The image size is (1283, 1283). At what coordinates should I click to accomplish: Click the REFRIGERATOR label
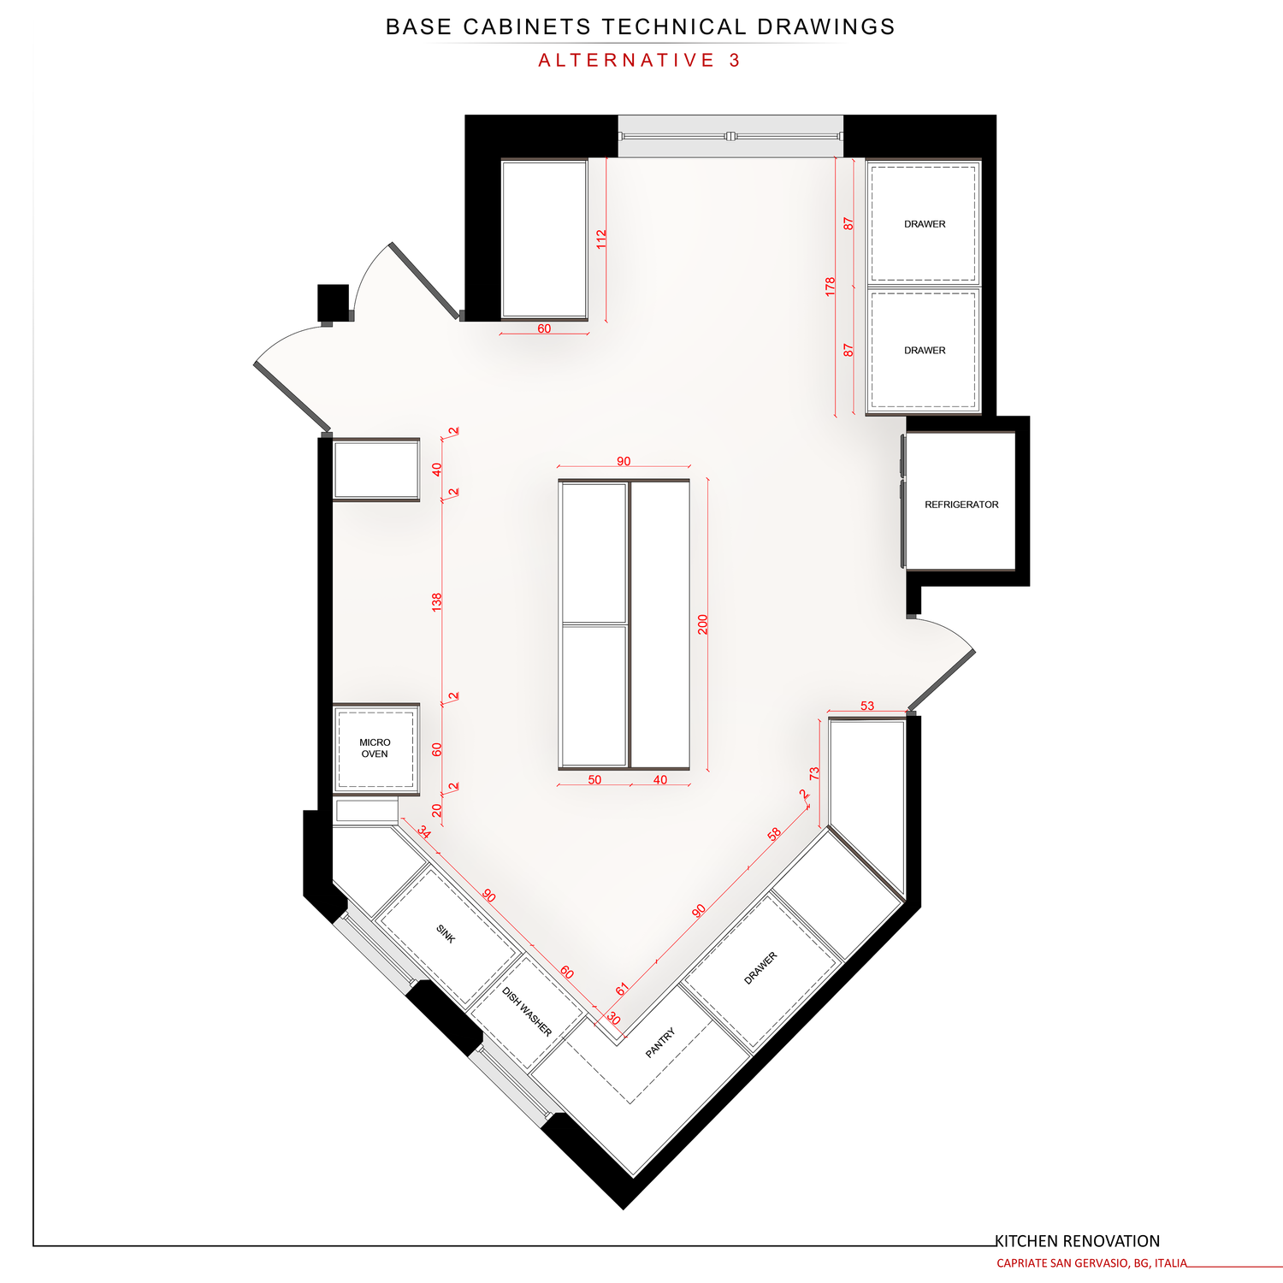pos(961,505)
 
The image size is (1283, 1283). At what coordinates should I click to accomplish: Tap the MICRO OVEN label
pos(375,748)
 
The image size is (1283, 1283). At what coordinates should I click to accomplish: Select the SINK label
pos(446,933)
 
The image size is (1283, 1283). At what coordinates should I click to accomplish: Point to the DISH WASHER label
pos(527,1012)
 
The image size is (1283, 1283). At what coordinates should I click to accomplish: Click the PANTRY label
pos(660,1043)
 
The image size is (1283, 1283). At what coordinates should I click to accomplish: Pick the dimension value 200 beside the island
pos(703,624)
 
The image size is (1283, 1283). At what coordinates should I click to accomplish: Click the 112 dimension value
pos(601,239)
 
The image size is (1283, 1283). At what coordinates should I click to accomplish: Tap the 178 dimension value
pos(830,287)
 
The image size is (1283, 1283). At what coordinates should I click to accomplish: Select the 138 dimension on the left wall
pos(437,602)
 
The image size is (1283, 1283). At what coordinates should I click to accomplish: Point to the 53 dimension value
pos(867,706)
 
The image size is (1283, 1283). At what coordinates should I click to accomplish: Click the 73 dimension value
pos(814,772)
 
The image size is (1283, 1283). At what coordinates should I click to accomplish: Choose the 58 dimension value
pos(774,834)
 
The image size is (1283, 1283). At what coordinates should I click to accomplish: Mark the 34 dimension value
pos(424,831)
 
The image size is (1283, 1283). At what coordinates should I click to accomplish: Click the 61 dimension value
pos(622,989)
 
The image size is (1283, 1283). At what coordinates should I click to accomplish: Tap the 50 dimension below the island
pos(594,779)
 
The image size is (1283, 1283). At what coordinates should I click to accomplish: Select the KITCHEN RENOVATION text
pos(1077,1241)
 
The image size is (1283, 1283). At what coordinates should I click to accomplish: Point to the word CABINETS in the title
pos(527,27)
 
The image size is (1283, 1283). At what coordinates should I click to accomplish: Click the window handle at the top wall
pos(730,135)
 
